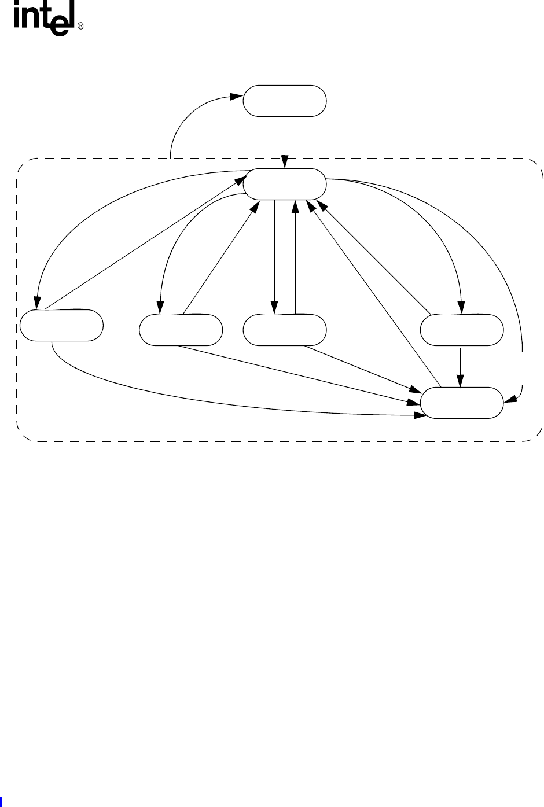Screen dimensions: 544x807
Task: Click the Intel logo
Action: pyautogui.click(x=44, y=21)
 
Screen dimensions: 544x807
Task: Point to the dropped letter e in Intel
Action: pyautogui.click(x=64, y=26)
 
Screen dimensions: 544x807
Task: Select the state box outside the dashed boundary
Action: pyautogui.click(x=284, y=101)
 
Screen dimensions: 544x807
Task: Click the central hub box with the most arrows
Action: pyautogui.click(x=284, y=183)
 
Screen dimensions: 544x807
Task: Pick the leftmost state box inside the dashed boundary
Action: pyautogui.click(x=61, y=326)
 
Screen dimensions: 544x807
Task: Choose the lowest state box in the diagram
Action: pyautogui.click(x=461, y=403)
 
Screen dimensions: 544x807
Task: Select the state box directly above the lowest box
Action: pyautogui.click(x=461, y=330)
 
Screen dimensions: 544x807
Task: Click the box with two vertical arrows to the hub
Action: pyautogui.click(x=284, y=330)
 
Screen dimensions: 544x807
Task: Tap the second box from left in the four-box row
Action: pyautogui.click(x=181, y=330)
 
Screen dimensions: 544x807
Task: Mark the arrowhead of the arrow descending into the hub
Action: pyautogui.click(x=285, y=164)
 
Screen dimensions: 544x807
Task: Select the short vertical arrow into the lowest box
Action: pyautogui.click(x=461, y=367)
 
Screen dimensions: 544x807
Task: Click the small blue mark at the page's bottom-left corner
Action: pyautogui.click(x=1, y=802)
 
